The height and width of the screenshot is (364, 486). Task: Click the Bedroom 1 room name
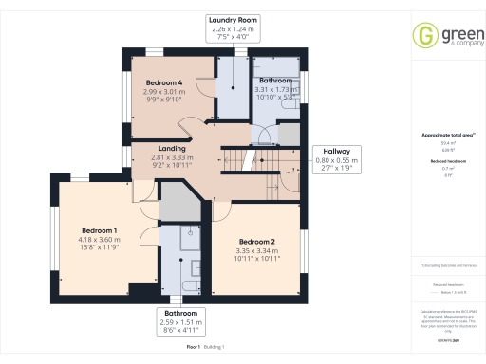coord(100,231)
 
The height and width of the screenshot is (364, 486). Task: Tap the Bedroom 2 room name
coord(256,241)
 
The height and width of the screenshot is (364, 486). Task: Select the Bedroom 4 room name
coord(164,83)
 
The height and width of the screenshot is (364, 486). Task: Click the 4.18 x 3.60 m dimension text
coord(100,240)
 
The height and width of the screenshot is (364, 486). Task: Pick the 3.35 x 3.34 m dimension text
coord(256,249)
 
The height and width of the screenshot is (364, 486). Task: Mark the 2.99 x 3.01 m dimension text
coord(164,92)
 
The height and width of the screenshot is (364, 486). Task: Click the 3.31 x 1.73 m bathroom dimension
coord(277,90)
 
